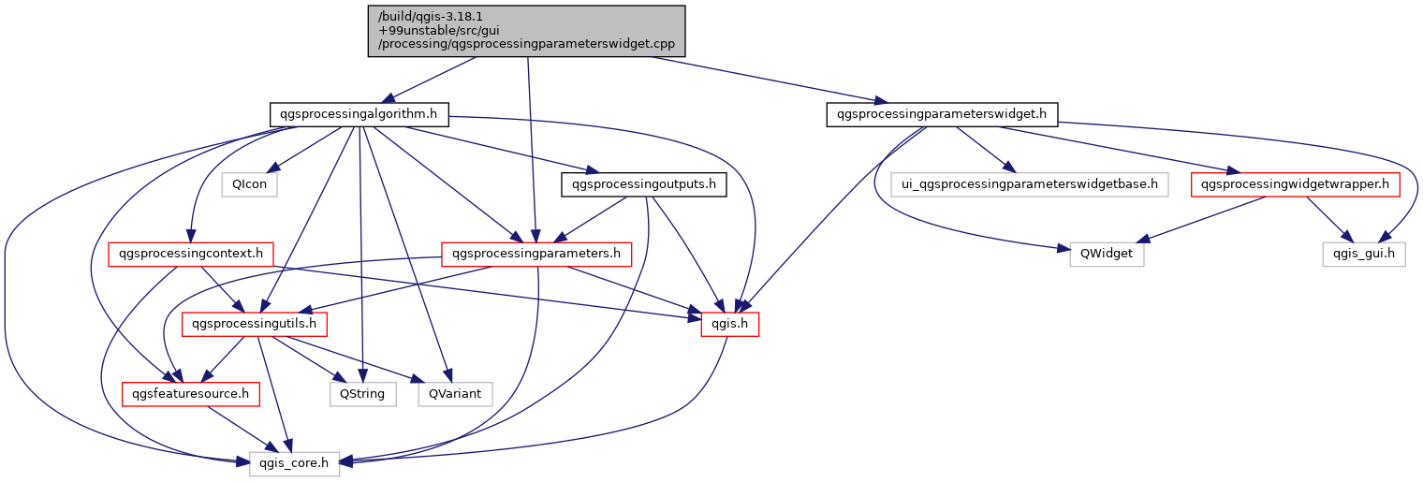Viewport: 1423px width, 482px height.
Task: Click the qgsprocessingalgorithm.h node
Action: [359, 115]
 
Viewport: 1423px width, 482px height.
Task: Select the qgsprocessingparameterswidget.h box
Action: [942, 115]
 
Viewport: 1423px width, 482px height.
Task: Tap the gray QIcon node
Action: [250, 184]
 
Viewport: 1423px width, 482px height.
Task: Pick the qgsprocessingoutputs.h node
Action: [644, 184]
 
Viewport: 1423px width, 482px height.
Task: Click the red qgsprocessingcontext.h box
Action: [191, 254]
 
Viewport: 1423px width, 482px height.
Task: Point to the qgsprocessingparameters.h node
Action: [535, 254]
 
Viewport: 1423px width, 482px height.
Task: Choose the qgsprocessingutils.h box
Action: [255, 324]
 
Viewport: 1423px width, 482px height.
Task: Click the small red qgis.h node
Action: [729, 324]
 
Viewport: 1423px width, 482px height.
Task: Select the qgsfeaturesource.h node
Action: [190, 394]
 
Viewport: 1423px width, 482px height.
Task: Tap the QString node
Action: [361, 394]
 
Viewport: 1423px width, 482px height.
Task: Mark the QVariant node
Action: [455, 394]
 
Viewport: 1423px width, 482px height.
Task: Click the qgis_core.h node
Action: [294, 463]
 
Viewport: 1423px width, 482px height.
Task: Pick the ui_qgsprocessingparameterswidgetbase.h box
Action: [1029, 184]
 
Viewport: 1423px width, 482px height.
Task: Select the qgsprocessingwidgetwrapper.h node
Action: [1295, 184]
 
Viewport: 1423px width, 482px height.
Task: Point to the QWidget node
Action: [1107, 254]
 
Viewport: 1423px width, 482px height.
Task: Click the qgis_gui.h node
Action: [1364, 254]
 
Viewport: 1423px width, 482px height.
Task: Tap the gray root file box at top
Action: [527, 31]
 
